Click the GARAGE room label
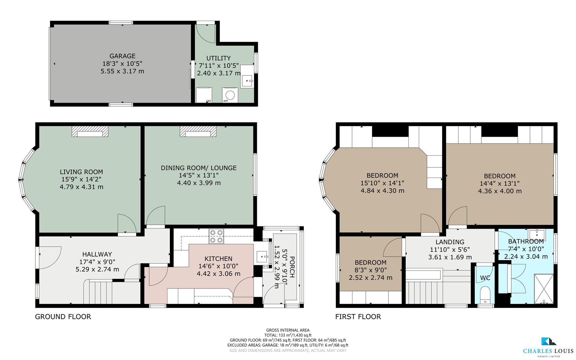(x=122, y=56)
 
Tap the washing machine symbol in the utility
(x=230, y=95)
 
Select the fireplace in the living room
(x=90, y=132)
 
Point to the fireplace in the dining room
(x=198, y=132)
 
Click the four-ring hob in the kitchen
(x=216, y=236)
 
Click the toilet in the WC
(x=485, y=295)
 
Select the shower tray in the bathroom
(x=544, y=289)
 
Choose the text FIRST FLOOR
(x=358, y=317)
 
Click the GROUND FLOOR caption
(x=63, y=317)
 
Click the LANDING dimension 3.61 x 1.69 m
(x=450, y=257)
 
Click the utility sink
(x=247, y=81)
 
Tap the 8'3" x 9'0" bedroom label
(x=370, y=270)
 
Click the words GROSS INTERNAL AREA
(x=288, y=330)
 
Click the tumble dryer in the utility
(x=204, y=95)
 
